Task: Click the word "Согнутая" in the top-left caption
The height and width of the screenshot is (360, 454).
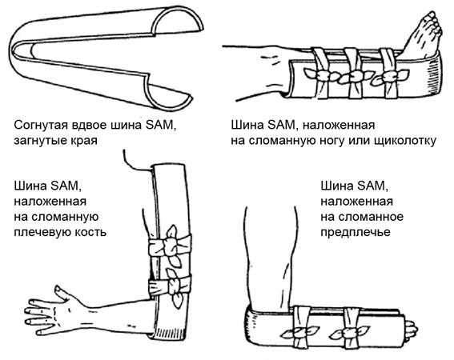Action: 41,126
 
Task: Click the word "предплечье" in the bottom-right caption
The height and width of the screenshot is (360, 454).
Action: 356,233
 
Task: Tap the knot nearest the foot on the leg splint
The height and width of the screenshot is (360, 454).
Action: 390,76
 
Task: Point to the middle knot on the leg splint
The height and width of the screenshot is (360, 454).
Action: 354,77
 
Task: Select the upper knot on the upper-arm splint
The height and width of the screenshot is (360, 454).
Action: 171,246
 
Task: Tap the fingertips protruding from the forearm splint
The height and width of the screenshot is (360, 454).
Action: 411,330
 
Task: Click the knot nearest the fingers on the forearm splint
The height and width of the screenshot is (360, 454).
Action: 351,333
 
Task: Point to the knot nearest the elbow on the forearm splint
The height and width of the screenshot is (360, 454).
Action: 300,333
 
